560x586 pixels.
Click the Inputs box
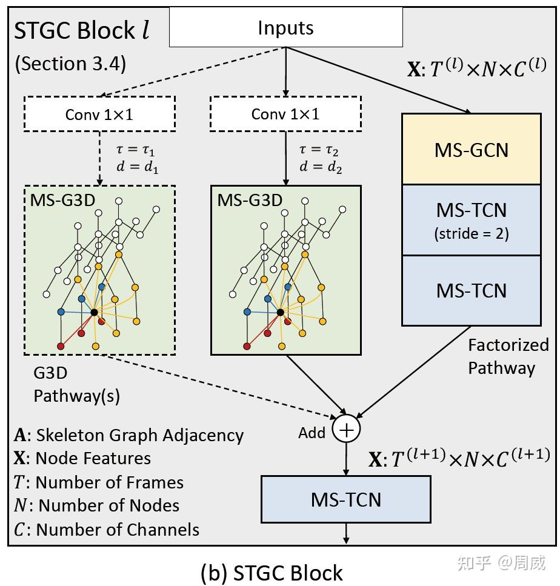point(285,27)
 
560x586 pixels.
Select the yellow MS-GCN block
point(471,149)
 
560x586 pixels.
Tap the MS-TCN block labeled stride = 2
point(471,220)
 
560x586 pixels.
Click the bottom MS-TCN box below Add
point(345,499)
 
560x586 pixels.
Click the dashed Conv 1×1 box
point(99,114)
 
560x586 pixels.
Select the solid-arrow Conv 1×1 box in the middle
point(285,114)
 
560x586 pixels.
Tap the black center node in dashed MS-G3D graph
point(95,312)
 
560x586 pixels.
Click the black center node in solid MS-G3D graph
point(280,312)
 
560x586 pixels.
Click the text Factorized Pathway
point(508,356)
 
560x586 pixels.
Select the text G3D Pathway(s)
point(76,385)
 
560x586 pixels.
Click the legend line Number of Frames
point(98,482)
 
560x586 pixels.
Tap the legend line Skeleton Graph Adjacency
point(128,435)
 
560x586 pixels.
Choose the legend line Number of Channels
point(106,529)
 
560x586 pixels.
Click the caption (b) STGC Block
point(271,573)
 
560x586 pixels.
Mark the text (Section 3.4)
point(70,64)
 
